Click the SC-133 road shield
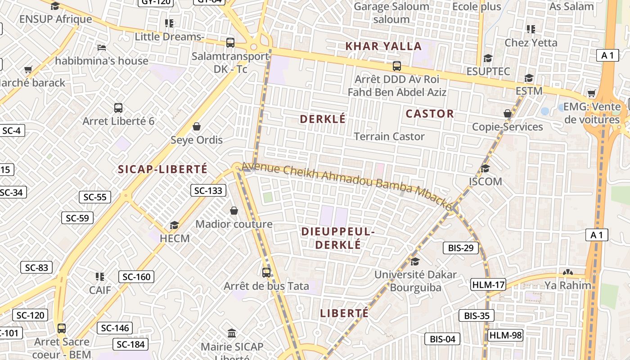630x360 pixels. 208,190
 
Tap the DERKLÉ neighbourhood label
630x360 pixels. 323,119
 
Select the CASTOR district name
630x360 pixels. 430,114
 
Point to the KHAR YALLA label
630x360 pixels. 383,46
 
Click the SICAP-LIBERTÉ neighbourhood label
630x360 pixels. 162,169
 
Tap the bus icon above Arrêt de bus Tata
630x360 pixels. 266,272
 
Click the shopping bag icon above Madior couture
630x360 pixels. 234,210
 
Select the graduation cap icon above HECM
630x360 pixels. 174,225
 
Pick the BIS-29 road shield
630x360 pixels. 461,247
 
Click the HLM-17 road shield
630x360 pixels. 488,284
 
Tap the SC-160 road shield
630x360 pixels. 136,277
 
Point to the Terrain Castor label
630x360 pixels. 389,136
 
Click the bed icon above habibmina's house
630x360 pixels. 102,47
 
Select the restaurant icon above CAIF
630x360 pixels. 100,276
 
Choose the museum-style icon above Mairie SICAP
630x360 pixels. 232,333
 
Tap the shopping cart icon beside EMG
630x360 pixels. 592,94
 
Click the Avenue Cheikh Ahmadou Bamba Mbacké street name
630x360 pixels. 346,185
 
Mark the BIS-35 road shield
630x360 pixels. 477,315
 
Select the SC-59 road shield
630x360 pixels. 77,218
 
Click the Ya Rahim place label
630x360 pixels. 568,285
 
